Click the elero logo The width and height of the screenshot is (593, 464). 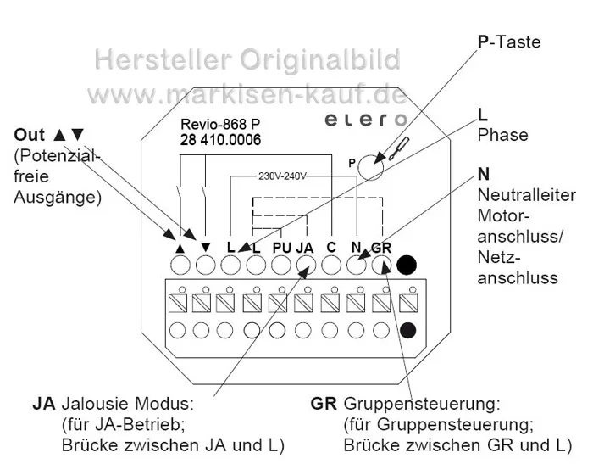coord(365,120)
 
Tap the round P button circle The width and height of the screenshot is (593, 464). coord(371,167)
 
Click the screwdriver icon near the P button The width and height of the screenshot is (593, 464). coord(399,148)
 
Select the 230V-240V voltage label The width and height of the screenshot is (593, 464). coord(282,176)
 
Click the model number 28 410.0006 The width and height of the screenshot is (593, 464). coord(220,140)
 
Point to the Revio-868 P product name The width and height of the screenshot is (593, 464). coord(220,124)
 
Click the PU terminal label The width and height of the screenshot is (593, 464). coord(282,248)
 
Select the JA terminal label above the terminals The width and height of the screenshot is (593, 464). coord(305,248)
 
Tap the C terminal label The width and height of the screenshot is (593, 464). coord(331,248)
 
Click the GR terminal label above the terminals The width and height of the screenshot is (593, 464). coord(381,248)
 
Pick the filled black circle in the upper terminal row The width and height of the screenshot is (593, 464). coord(407,266)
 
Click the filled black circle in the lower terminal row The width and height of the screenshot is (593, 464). coord(407,330)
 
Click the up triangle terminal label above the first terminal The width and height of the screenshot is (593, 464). coord(180,249)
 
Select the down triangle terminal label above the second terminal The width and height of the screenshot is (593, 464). coord(205,248)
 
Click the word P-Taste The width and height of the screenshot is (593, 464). coord(509,42)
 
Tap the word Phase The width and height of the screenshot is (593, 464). coord(502,135)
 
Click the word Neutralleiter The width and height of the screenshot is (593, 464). coord(526,195)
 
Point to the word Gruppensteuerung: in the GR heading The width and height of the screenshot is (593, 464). coord(422,404)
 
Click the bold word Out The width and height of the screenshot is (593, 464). coord(29,135)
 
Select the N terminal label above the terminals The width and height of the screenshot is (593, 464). coord(356,248)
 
